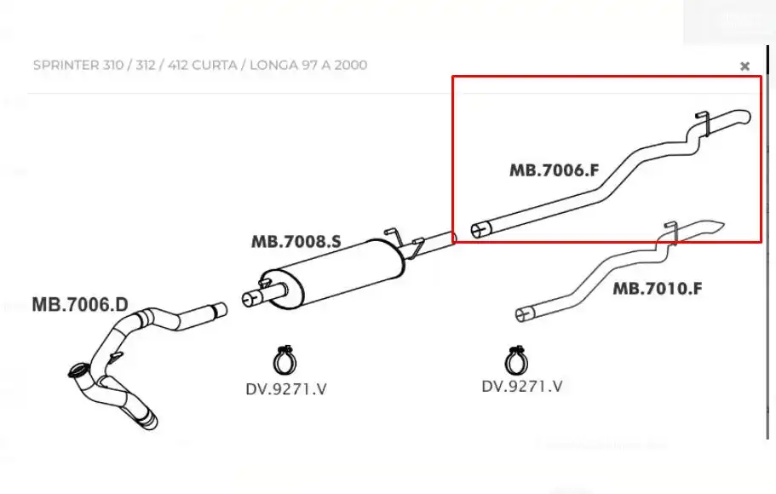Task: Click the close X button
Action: tap(744, 66)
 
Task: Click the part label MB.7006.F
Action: tap(554, 170)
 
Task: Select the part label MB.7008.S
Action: tap(296, 242)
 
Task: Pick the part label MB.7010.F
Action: tap(657, 289)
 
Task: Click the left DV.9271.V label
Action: tap(286, 389)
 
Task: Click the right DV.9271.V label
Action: tap(522, 386)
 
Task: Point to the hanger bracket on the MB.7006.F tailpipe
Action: tap(701, 123)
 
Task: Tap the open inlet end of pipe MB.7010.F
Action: tap(523, 315)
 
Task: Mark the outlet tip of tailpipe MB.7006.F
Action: tap(743, 117)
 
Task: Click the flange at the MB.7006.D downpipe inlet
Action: tap(78, 371)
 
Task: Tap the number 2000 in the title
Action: tap(350, 66)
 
